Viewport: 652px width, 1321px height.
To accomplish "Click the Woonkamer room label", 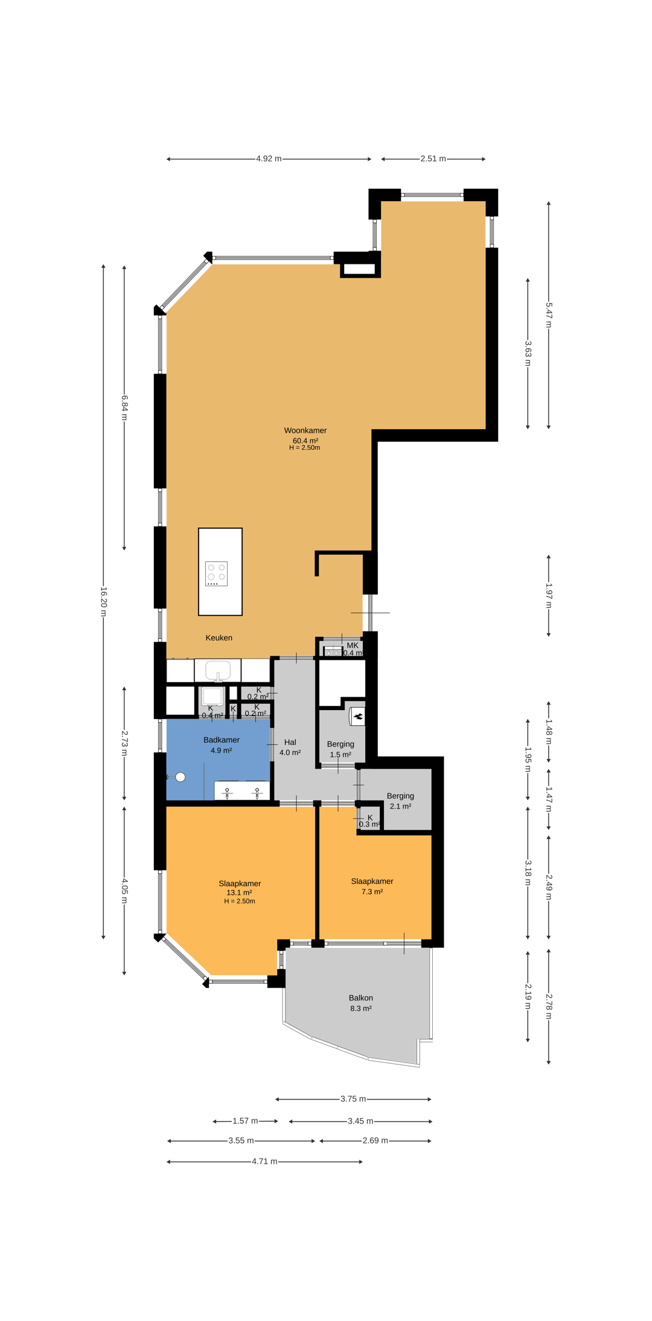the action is pos(305,430).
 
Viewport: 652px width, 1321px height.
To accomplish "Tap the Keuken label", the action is pos(219,638).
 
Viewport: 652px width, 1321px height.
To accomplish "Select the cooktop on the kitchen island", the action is pos(216,574).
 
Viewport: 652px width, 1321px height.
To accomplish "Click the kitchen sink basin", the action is pos(218,670).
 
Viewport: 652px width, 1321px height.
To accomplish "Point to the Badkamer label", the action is pos(221,740).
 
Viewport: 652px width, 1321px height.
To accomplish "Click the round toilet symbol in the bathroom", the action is pos(180,777).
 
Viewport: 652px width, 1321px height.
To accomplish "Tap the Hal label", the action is pos(290,742).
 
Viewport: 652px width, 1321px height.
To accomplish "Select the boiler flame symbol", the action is pos(358,717).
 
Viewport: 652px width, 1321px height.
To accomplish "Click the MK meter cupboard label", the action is pos(353,645).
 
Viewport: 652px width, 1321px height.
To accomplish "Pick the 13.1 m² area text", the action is pos(239,892).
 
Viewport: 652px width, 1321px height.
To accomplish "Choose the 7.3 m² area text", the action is pos(372,891).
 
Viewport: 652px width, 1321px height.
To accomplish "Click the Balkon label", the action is pos(360,998).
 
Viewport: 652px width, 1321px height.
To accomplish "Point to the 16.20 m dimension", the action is pos(103,601).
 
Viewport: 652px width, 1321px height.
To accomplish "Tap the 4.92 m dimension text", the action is pos(269,159).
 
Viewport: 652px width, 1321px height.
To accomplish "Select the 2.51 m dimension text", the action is pos(433,159).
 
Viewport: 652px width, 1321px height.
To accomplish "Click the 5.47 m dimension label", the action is pos(549,315).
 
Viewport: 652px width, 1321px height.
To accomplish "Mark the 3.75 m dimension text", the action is pos(353,1099).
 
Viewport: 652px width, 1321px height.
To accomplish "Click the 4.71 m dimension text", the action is pos(264,1161).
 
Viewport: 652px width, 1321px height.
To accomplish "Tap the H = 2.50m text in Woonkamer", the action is pos(305,447).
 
